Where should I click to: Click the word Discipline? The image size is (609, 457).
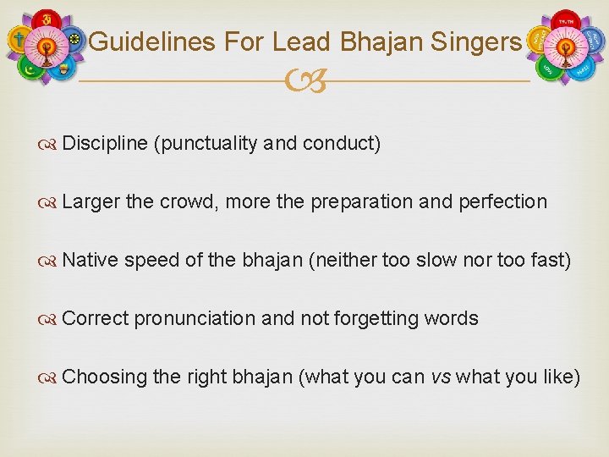105,144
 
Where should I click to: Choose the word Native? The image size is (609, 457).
91,261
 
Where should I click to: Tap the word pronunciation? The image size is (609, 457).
195,319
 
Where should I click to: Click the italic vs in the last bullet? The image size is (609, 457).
441,377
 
